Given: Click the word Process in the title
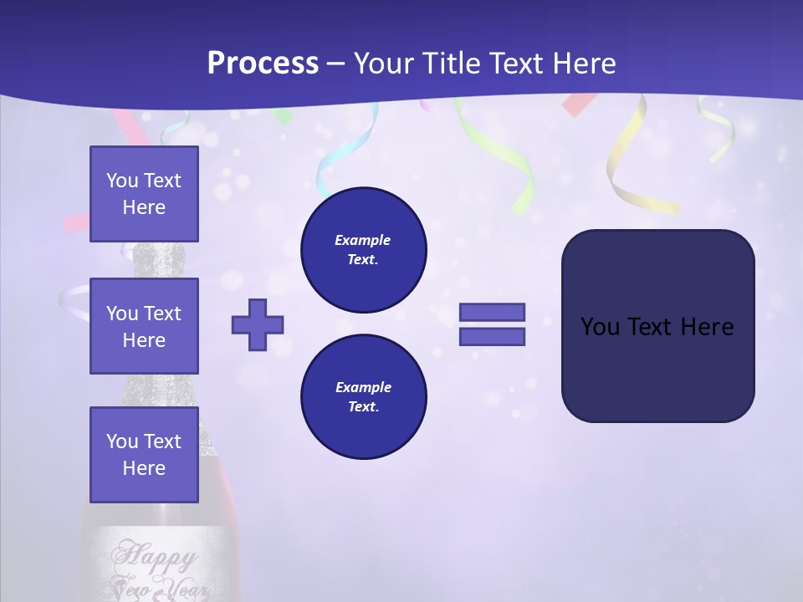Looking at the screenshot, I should [x=263, y=64].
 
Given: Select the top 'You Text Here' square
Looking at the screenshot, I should [x=144, y=194].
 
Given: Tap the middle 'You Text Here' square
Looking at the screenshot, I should [x=144, y=326].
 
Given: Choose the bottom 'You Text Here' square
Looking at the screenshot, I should [x=144, y=455].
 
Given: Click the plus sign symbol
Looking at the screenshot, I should [x=258, y=324].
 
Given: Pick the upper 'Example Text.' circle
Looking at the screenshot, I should [x=363, y=249].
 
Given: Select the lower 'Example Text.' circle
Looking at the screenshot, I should [x=363, y=396].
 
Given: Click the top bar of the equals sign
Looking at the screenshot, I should [x=492, y=312].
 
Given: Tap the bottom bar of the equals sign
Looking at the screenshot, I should [x=492, y=336].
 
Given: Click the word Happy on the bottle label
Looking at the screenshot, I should [x=156, y=555].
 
